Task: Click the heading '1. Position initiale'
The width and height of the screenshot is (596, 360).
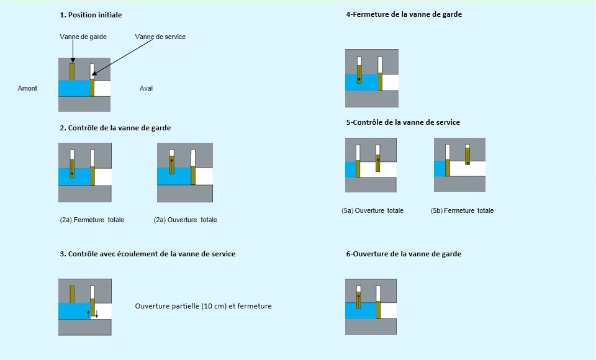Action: (91, 15)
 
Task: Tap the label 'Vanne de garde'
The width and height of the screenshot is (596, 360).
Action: (83, 37)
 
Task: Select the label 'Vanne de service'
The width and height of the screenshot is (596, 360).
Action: (160, 37)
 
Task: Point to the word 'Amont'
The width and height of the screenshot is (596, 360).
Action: (27, 88)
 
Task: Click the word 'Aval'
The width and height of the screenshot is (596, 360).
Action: (147, 88)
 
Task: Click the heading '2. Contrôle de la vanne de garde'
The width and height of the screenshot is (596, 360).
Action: (115, 128)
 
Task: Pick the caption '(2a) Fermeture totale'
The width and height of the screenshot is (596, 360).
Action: (92, 220)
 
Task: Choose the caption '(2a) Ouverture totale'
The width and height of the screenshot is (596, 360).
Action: (186, 220)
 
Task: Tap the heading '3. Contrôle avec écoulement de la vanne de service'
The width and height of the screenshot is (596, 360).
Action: (148, 254)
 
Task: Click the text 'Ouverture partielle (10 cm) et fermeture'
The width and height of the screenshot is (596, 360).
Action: (204, 306)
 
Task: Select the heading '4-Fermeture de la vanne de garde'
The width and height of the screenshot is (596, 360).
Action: (404, 14)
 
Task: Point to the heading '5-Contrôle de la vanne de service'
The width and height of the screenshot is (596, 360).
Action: (403, 122)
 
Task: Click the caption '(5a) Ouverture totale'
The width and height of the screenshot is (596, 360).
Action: (372, 210)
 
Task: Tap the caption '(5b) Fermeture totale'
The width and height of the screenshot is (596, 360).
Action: (462, 210)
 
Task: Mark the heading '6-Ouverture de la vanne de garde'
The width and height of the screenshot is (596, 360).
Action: (404, 254)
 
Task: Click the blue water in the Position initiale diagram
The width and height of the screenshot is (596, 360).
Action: (74, 88)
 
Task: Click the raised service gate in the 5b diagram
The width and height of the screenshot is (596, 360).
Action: (467, 156)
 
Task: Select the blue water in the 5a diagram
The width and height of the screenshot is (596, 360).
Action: (350, 169)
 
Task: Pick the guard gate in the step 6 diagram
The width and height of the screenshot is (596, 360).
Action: (358, 300)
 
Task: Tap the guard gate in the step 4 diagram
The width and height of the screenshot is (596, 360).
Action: (359, 74)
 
